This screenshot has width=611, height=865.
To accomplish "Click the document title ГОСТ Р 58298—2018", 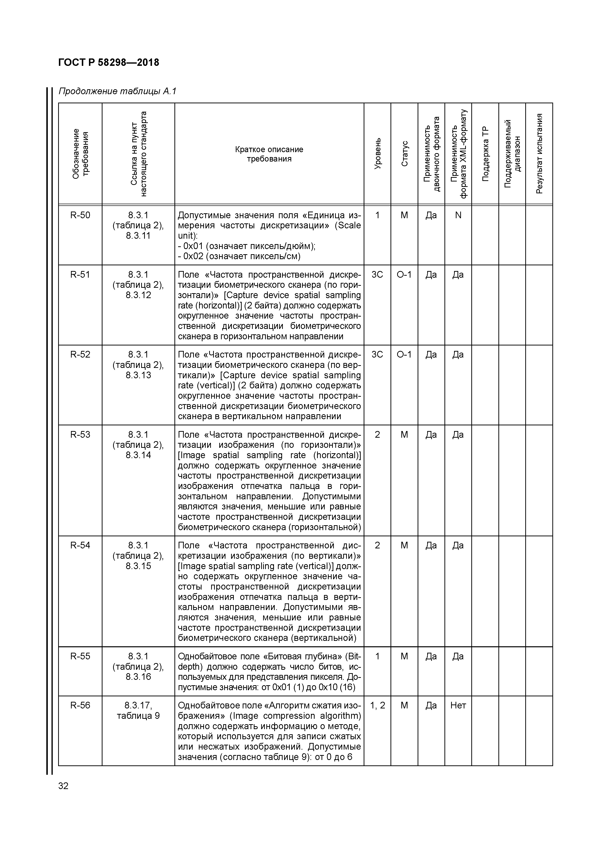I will [x=109, y=63].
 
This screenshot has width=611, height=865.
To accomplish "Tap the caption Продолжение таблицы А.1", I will [x=118, y=91].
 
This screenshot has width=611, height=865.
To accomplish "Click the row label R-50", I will [x=80, y=215].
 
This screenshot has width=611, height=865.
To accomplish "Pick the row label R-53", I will [x=80, y=435].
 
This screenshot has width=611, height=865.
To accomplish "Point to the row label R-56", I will [x=80, y=705].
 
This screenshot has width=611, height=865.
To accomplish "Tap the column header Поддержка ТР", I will [x=485, y=153].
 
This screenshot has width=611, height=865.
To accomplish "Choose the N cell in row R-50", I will [x=458, y=215].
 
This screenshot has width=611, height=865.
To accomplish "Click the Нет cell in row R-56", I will [x=458, y=705].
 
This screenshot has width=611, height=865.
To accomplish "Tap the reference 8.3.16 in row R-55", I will [x=138, y=677].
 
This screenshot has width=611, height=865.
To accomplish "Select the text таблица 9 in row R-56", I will [x=138, y=716].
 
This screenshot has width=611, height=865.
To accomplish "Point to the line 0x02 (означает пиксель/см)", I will [x=239, y=256].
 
